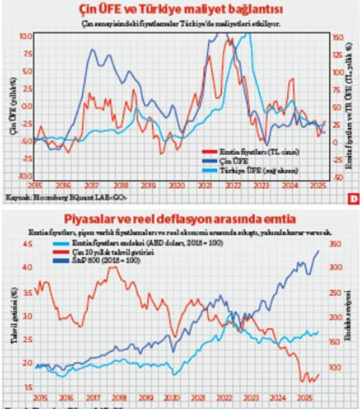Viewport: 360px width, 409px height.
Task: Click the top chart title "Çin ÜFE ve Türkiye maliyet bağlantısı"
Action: pyautogui.click(x=179, y=10)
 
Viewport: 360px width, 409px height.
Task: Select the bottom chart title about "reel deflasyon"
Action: pyautogui.click(x=179, y=219)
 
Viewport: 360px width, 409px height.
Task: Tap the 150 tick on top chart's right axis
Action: pyautogui.click(x=338, y=38)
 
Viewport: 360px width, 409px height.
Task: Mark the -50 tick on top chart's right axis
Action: pyautogui.click(x=337, y=177)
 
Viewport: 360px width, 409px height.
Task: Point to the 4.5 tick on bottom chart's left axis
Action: pyautogui.click(x=26, y=244)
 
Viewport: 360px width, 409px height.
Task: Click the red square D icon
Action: pyautogui.click(x=352, y=198)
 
